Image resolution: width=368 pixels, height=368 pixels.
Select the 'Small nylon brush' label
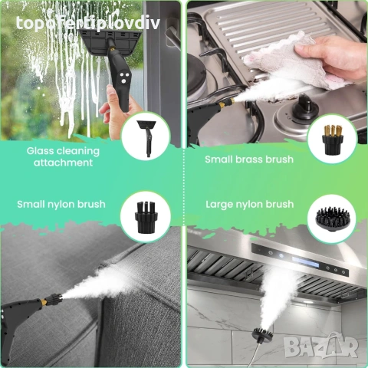[61, 204]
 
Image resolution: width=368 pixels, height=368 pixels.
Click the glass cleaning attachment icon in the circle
[145, 135]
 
